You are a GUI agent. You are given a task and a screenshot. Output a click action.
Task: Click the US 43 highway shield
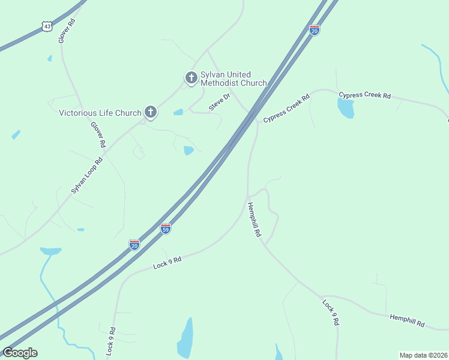tap(46, 25)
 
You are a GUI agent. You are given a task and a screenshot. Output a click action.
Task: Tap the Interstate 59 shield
tap(166, 229)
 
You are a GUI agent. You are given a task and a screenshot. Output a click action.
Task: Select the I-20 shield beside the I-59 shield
tap(134, 245)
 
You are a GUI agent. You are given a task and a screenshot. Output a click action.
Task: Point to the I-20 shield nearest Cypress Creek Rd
tap(315, 30)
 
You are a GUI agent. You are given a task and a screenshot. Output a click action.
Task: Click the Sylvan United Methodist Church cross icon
tap(191, 78)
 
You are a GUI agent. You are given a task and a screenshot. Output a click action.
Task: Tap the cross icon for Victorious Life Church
tap(151, 112)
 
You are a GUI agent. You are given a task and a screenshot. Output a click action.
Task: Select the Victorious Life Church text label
tap(100, 112)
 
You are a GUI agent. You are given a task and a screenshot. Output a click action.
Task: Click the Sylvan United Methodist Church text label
tap(234, 79)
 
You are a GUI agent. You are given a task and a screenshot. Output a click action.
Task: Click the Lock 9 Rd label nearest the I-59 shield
tap(167, 261)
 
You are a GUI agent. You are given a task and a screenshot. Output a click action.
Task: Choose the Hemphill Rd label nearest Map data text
tap(407, 320)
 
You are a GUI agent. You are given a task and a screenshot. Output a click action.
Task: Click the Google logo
tap(20, 353)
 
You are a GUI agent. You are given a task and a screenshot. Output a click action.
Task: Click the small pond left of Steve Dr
tap(178, 112)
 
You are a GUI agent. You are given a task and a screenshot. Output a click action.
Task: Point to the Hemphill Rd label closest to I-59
tap(255, 219)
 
